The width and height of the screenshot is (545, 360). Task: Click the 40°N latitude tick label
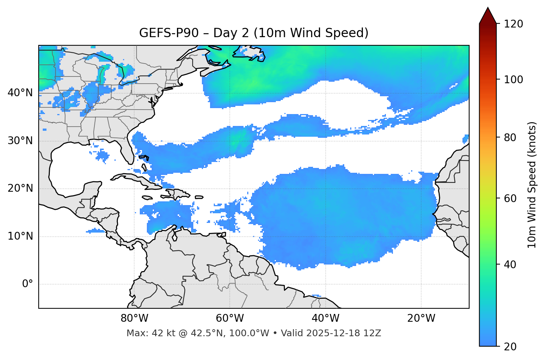pyautogui.click(x=20, y=93)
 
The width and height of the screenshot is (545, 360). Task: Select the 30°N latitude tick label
pyautogui.click(x=20, y=141)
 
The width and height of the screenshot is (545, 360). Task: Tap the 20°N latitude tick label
pyautogui.click(x=20, y=188)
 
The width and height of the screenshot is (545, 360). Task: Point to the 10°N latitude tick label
pyautogui.click(x=20, y=236)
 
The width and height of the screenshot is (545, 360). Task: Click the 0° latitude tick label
pyautogui.click(x=28, y=284)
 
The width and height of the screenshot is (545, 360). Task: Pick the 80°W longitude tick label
pyautogui.click(x=134, y=318)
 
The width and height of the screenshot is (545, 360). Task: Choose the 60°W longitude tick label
pyautogui.click(x=230, y=318)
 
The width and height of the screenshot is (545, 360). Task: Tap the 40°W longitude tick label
pyautogui.click(x=326, y=318)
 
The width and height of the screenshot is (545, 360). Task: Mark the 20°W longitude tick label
pyautogui.click(x=421, y=318)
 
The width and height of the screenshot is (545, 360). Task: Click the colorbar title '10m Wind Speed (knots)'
pyautogui.click(x=532, y=185)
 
